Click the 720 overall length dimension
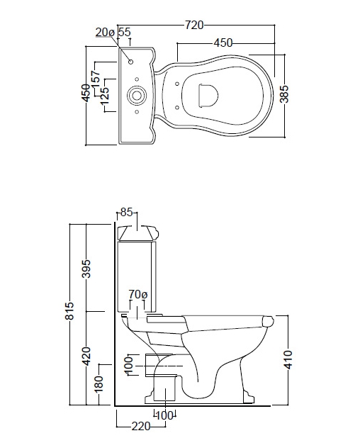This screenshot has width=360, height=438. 194,25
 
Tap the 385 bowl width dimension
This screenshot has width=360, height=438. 285,94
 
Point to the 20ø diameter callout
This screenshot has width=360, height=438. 105,33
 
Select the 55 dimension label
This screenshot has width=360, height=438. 125,32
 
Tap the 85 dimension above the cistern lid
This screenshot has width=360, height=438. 126,213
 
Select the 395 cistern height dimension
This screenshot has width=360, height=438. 86,269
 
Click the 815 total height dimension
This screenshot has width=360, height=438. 69,310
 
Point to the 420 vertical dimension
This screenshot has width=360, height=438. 86,356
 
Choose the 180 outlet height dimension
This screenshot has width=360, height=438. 99,384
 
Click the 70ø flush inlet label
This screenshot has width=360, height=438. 138,294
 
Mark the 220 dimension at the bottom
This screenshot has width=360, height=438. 141,426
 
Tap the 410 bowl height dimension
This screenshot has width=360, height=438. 289,359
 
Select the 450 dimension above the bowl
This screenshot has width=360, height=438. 223,43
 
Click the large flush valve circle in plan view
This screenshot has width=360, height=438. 137,95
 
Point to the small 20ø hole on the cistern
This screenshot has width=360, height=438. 130,62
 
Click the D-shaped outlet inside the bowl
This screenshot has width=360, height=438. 208,95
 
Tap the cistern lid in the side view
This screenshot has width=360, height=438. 138,232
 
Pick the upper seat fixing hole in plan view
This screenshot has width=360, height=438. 177,83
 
